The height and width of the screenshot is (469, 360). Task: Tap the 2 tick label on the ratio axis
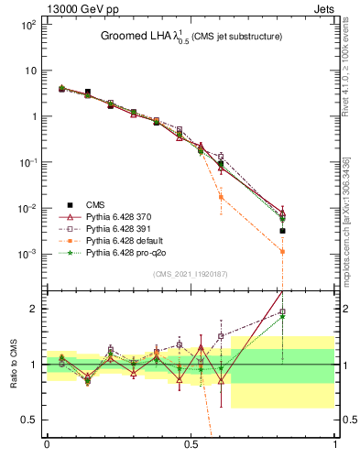pos(33,309)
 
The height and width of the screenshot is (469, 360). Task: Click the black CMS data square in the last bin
pos(283,231)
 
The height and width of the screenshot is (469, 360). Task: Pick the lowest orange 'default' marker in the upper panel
pos(283,251)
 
